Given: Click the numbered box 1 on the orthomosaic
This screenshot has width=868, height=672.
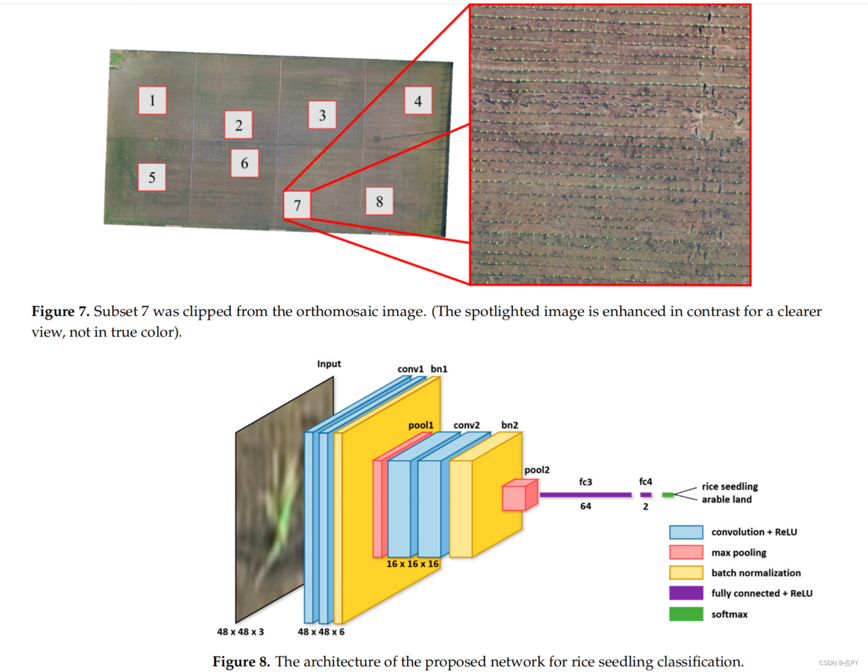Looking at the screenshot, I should pyautogui.click(x=152, y=100).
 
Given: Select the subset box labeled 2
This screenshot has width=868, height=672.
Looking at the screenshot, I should pyautogui.click(x=239, y=125).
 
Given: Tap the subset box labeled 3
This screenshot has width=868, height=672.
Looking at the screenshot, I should pyautogui.click(x=322, y=115).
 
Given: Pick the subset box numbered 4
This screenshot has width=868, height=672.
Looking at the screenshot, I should pyautogui.click(x=418, y=100).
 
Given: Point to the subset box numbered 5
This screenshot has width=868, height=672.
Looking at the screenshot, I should pyautogui.click(x=152, y=177).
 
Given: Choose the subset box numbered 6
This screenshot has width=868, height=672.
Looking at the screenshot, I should pyautogui.click(x=245, y=163).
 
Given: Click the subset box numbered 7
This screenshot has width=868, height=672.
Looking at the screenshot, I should pyautogui.click(x=297, y=205).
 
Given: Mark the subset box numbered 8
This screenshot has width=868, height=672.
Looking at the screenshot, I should pyautogui.click(x=379, y=201).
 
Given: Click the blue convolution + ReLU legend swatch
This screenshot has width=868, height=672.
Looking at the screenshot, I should pyautogui.click(x=686, y=532).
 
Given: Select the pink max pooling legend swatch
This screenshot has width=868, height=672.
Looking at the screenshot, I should pyautogui.click(x=686, y=553).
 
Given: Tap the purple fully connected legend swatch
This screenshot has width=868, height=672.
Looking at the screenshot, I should pyautogui.click(x=686, y=593).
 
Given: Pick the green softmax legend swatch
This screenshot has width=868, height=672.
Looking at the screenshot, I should pyautogui.click(x=686, y=614).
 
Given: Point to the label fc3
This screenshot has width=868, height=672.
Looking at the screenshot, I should pyautogui.click(x=586, y=482).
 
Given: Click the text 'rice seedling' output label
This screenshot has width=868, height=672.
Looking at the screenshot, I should pyautogui.click(x=730, y=487).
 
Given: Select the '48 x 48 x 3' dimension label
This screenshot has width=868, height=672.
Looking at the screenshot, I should pyautogui.click(x=240, y=631).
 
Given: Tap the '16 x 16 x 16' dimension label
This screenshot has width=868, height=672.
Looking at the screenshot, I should pyautogui.click(x=412, y=564).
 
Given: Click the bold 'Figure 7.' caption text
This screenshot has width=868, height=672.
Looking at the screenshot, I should pyautogui.click(x=60, y=312).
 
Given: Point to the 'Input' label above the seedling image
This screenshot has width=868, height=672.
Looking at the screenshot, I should pyautogui.click(x=329, y=364).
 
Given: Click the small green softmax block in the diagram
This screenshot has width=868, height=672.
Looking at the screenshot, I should pyautogui.click(x=668, y=495).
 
